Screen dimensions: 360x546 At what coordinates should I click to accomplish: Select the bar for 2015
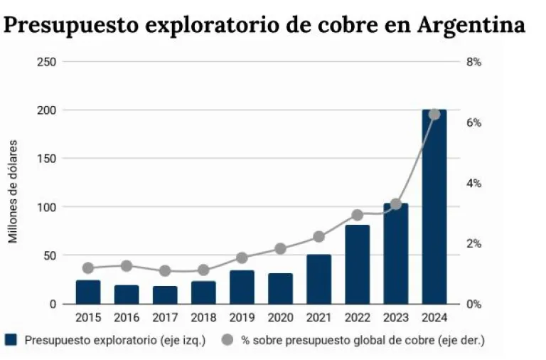pyautogui.click(x=88, y=292)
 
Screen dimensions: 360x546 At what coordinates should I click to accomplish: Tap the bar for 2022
pyautogui.click(x=357, y=265)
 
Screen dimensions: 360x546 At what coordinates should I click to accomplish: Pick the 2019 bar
pyautogui.click(x=242, y=287)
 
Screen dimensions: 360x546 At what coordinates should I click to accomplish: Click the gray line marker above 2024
pyautogui.click(x=434, y=114)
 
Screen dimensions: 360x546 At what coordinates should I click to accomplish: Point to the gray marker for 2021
pyautogui.click(x=318, y=237)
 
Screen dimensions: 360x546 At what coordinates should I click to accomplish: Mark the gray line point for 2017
pyautogui.click(x=165, y=271)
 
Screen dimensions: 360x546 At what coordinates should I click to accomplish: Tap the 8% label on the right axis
pyautogui.click(x=473, y=62)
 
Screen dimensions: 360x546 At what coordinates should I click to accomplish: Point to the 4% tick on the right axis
pyautogui.click(x=473, y=184)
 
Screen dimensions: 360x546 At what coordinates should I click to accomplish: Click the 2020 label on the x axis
pyautogui.click(x=280, y=318)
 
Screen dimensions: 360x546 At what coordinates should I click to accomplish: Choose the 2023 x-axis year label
pyautogui.click(x=395, y=318)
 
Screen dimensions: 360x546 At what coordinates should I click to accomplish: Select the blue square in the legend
pyautogui.click(x=10, y=340)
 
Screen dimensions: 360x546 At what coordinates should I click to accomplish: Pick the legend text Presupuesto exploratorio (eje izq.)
pyautogui.click(x=114, y=340)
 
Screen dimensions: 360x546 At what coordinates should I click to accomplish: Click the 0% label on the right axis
pyautogui.click(x=473, y=305)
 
